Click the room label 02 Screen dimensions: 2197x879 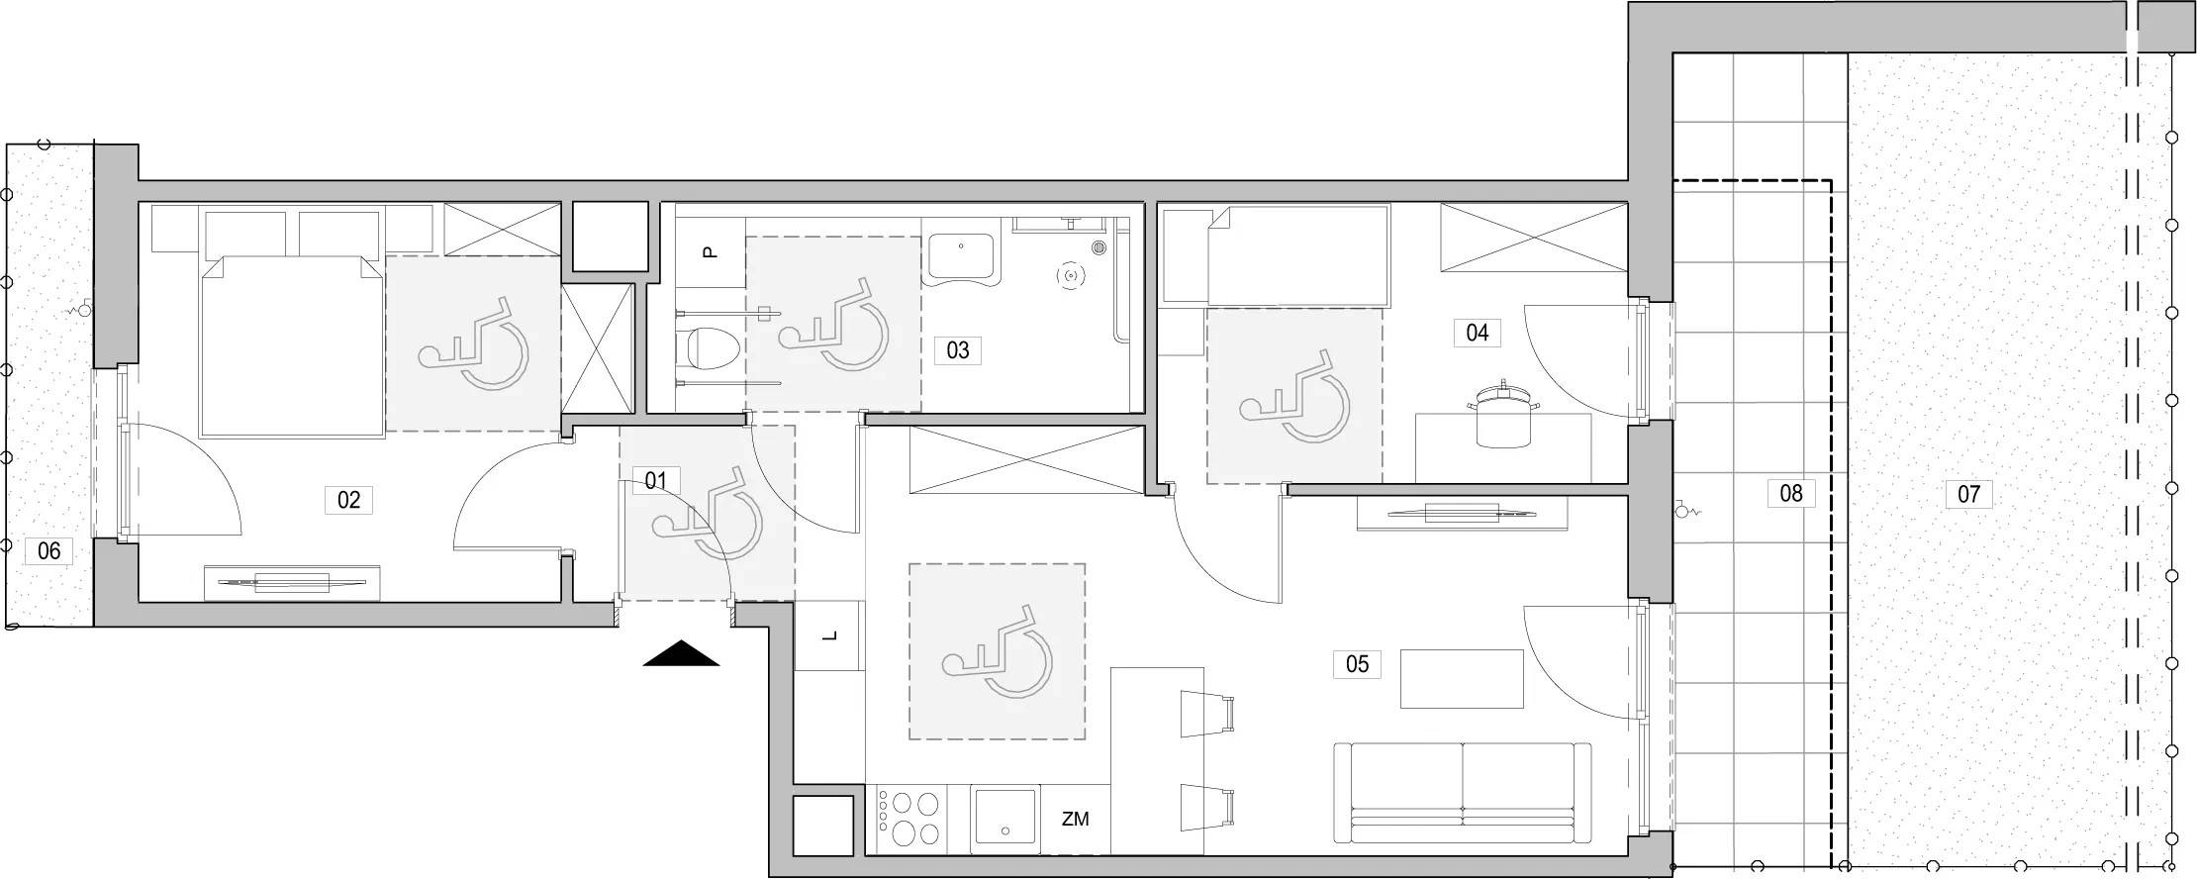click(x=348, y=500)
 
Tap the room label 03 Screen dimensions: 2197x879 click(x=957, y=349)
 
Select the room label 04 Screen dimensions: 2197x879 click(x=1477, y=333)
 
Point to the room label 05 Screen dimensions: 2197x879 click(x=1357, y=663)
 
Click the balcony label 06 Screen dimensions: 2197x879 click(x=48, y=550)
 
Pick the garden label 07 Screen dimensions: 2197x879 click(x=1968, y=493)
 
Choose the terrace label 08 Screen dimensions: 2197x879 click(x=1791, y=493)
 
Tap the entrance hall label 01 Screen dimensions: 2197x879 click(x=655, y=482)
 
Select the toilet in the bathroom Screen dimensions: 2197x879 click(x=713, y=347)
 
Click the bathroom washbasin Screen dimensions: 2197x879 click(x=963, y=259)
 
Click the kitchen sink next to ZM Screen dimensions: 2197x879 click(x=1005, y=818)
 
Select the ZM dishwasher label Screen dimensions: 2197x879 click(x=1075, y=820)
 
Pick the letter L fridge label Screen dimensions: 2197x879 click(x=829, y=635)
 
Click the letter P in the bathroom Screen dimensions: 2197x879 click(x=709, y=252)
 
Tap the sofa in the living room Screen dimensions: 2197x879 click(x=1463, y=792)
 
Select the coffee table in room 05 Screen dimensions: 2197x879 click(x=1462, y=679)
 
